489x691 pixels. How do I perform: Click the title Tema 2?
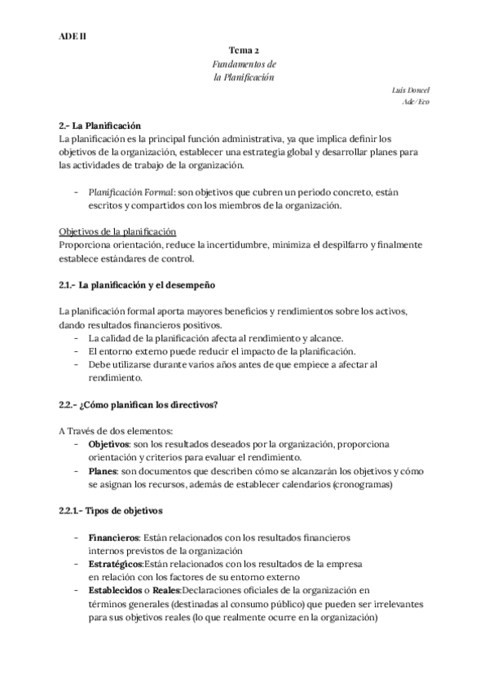point(244,51)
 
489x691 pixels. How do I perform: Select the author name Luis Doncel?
point(412,90)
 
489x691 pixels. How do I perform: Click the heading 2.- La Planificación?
point(100,125)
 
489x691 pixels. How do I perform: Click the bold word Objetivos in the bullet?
point(109,444)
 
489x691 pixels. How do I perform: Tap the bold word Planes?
point(103,471)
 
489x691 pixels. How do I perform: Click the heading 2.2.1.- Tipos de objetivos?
point(110,511)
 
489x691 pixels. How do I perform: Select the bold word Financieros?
point(114,538)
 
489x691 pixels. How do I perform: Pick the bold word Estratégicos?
point(116,564)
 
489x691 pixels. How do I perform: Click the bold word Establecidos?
point(118,590)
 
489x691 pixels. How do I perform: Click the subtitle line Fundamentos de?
point(244,64)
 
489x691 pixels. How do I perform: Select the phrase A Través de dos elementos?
point(116,431)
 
